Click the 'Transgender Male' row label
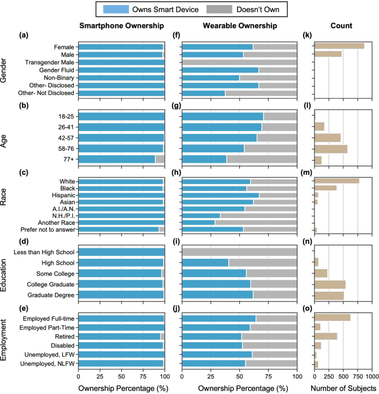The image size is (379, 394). (49, 62)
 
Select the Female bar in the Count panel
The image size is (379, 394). (339, 46)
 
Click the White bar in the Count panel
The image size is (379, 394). (336, 181)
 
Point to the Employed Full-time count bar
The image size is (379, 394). (332, 317)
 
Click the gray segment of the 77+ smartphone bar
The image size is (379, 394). (160, 159)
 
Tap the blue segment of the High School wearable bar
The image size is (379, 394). (205, 262)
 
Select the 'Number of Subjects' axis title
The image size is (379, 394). (343, 388)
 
